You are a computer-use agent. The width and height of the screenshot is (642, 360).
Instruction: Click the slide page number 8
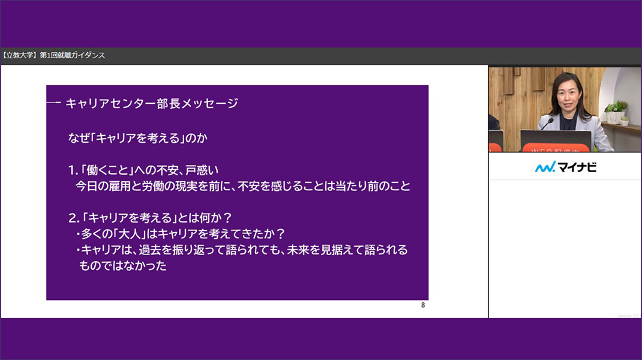coord(423,305)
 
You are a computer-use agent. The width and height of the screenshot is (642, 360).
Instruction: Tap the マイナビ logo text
coord(577,167)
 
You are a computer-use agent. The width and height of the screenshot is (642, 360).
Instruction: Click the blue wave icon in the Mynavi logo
coord(545,167)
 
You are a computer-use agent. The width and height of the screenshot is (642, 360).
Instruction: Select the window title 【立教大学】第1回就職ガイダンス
coord(53,55)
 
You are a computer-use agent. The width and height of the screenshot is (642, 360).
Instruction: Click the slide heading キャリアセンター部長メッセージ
coord(152,103)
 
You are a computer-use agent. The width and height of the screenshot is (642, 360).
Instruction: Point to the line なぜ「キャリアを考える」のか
coord(138,138)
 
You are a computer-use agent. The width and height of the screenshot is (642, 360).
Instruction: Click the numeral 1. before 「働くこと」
coord(73,170)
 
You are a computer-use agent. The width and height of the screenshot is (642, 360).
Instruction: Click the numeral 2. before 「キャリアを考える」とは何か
coord(74,218)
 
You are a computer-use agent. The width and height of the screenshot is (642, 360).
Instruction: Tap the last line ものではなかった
coord(123,266)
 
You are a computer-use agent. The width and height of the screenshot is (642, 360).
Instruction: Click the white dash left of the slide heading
coord(53,103)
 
